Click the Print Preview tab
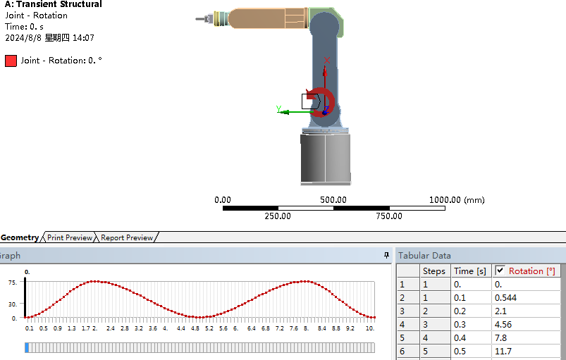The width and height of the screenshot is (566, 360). (70, 237)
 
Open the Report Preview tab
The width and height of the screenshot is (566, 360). (127, 237)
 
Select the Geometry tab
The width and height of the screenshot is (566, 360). (20, 237)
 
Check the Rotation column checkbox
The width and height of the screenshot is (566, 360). (500, 271)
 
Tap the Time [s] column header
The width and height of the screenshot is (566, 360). (470, 271)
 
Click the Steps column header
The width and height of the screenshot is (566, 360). (434, 271)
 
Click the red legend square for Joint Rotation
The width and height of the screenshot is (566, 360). (11, 61)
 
